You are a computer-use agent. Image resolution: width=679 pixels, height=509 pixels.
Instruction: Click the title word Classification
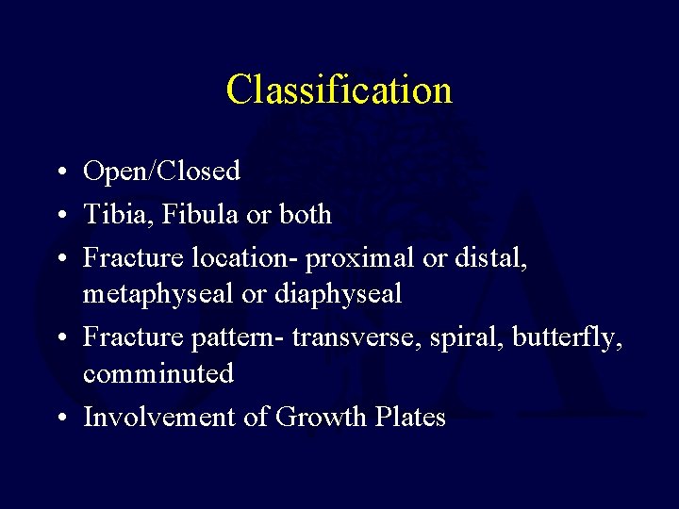[339, 90]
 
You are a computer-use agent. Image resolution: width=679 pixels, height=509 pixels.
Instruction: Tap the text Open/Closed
[161, 172]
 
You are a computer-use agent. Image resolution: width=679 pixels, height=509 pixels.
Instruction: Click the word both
[306, 215]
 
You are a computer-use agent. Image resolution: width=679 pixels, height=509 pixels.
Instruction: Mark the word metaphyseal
[158, 294]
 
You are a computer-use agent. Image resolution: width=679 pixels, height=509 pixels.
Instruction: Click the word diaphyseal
[338, 294]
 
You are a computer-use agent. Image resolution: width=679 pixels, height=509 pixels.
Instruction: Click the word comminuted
[158, 373]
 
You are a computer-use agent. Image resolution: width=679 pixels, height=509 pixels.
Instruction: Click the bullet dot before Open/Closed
[59, 172]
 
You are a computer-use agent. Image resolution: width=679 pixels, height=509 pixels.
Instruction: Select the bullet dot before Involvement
[59, 418]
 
